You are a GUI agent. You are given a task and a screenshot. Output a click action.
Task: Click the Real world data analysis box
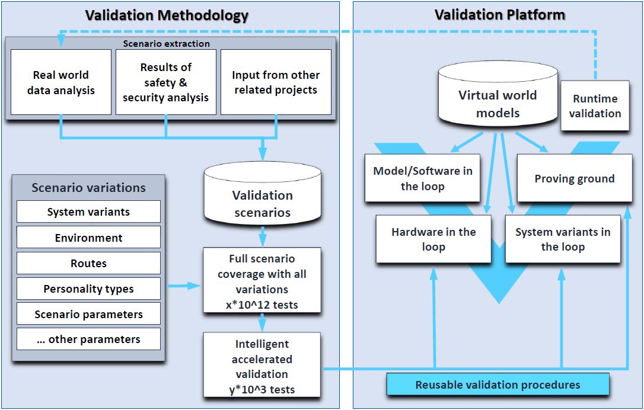coord(61,82)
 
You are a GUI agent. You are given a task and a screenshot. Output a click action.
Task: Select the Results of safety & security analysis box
coord(165,82)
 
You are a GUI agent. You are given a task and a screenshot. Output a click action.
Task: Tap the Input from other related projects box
coord(276,82)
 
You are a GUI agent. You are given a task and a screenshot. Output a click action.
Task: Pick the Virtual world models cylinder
coord(498,98)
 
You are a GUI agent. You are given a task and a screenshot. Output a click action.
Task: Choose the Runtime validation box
coord(595,106)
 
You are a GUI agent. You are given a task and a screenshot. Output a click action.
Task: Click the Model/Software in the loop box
coord(422,178)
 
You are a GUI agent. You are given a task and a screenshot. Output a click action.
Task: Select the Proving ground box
coord(574,178)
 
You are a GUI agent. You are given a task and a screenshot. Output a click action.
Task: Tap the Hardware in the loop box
coord(433,239)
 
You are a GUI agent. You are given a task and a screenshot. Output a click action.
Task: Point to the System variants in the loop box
coord(562,239)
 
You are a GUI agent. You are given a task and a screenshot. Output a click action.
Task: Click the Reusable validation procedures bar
coord(498,385)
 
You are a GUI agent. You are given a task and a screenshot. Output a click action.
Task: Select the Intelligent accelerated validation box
coord(262,367)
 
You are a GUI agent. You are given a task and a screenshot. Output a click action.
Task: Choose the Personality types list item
coord(88,289)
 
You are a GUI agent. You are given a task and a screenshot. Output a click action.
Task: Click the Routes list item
coord(88,263)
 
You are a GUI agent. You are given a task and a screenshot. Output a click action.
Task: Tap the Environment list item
coord(88,238)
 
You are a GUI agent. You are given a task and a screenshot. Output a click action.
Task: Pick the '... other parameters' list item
coord(88,339)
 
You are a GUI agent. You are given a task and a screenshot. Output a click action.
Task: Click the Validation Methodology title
coord(167,15)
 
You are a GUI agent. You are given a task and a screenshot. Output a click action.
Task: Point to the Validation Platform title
coord(499,14)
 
